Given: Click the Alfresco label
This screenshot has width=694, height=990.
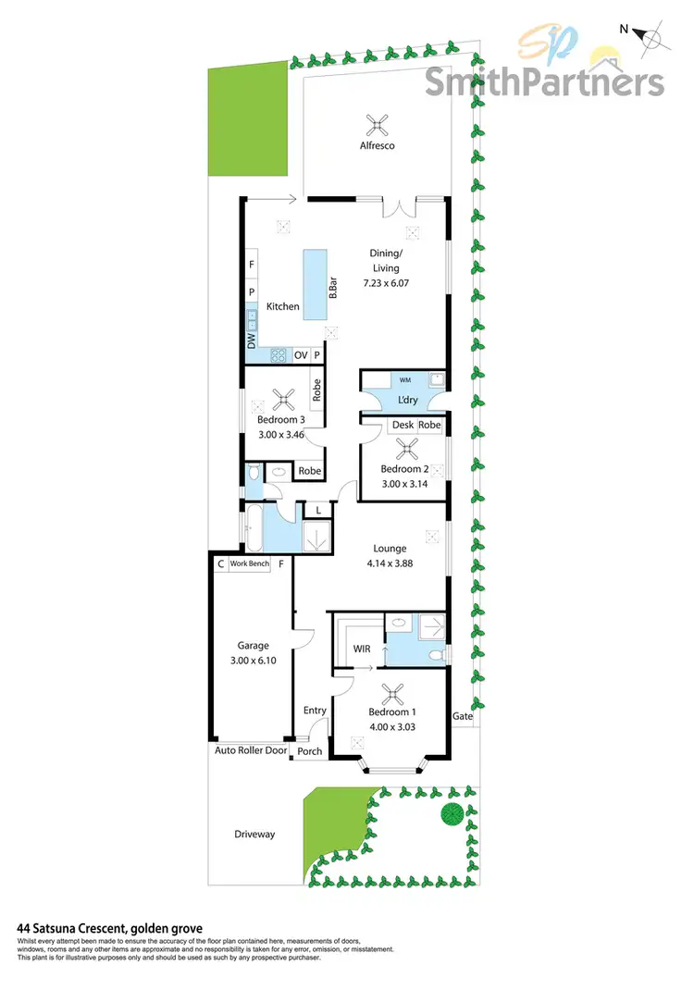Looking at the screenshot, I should click(378, 146).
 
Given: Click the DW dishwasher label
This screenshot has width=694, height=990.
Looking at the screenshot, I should click(251, 340).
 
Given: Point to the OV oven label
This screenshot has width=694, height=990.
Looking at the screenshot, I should click(300, 355).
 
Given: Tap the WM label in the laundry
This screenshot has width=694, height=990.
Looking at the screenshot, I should click(405, 379).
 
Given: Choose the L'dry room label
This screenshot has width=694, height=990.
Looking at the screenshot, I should click(407, 400).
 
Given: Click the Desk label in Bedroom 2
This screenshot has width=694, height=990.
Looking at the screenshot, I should click(403, 425).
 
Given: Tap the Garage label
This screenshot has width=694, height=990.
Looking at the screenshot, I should click(253, 646).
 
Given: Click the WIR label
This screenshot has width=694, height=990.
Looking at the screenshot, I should click(362, 649).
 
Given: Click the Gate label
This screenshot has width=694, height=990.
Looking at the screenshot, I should click(462, 717).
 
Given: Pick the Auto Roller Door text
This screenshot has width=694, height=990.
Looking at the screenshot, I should click(251, 750).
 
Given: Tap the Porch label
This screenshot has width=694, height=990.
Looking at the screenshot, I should click(310, 751).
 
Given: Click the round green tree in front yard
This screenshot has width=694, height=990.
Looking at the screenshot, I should click(452, 815).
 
